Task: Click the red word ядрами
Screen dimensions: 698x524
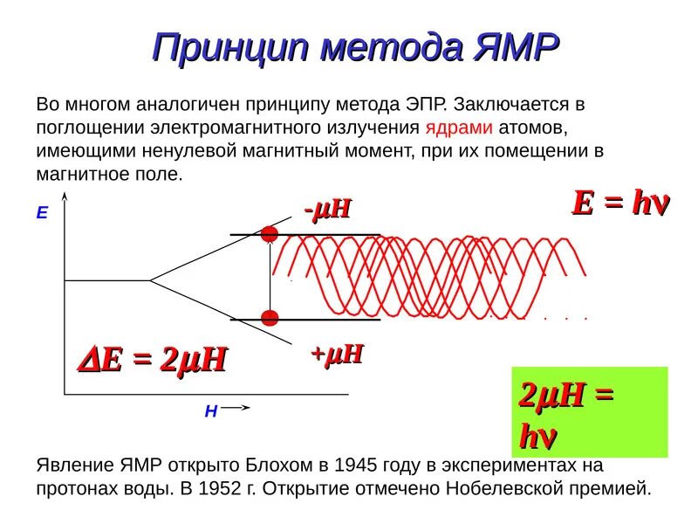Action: click(x=460, y=128)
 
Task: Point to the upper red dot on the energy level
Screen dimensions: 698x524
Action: click(x=270, y=233)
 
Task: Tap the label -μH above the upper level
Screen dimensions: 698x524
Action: click(x=327, y=210)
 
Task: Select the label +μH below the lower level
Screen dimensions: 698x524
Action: click(x=337, y=354)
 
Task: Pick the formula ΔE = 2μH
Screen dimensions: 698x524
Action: click(x=154, y=359)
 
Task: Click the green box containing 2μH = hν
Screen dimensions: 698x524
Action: click(x=589, y=411)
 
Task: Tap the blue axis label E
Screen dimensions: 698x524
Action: click(x=41, y=212)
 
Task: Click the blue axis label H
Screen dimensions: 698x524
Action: click(x=211, y=411)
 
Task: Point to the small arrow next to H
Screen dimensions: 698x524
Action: click(x=239, y=407)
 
